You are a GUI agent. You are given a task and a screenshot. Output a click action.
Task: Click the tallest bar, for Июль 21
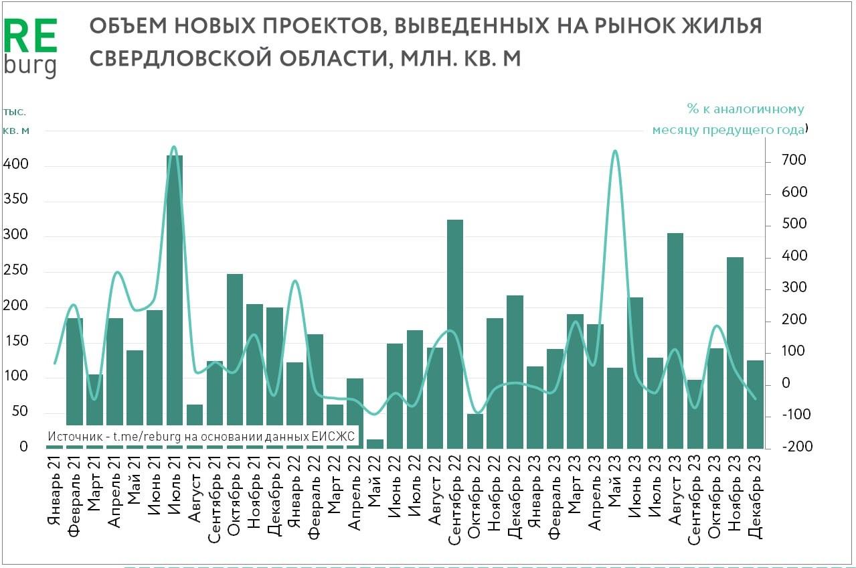tap(174, 301)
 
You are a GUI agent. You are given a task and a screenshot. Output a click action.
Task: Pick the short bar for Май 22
tap(375, 443)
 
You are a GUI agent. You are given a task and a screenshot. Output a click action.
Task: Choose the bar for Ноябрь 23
tap(736, 352)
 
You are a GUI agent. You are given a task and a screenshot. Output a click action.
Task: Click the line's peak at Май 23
tap(614, 152)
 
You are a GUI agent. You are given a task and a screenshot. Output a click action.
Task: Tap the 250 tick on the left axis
tap(16, 271)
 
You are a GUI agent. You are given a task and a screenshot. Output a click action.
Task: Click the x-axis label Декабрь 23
tap(755, 495)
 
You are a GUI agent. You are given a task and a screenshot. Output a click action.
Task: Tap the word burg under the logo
tap(30, 66)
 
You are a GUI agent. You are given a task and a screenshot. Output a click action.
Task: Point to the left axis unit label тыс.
tap(14, 112)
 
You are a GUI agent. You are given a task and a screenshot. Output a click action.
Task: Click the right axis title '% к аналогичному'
tap(745, 109)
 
